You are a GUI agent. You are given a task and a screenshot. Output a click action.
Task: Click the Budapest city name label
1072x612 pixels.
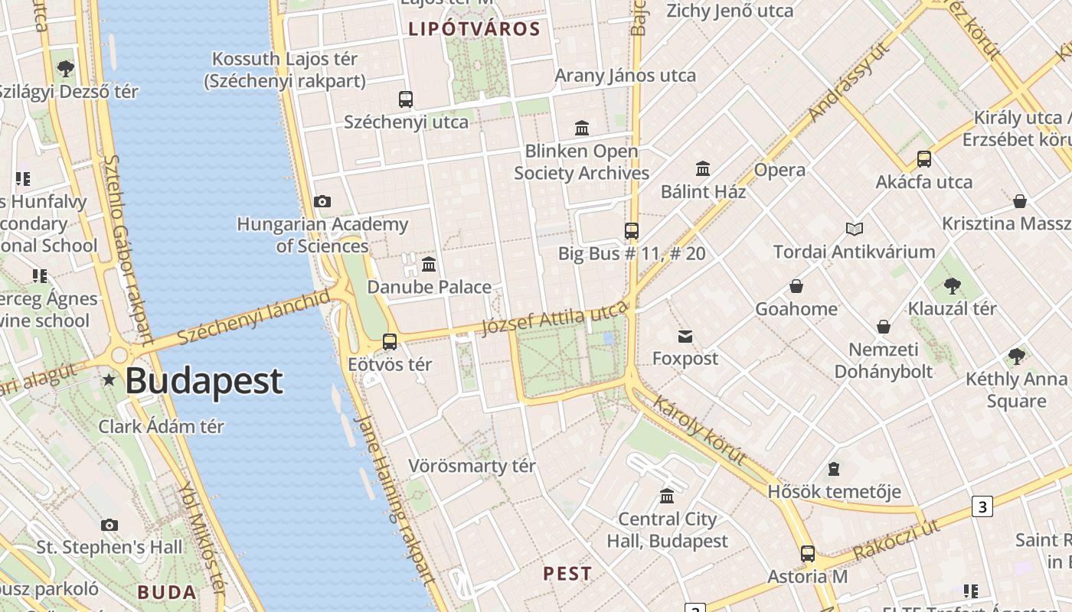pos(204,381)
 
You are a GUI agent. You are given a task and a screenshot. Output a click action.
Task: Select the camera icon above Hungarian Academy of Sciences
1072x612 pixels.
pos(322,202)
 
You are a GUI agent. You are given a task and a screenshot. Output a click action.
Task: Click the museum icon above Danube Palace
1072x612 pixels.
pos(429,265)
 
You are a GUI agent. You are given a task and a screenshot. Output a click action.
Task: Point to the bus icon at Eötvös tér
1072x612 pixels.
pos(390,341)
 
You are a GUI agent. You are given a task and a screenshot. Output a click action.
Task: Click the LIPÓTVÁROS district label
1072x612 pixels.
pos(475,30)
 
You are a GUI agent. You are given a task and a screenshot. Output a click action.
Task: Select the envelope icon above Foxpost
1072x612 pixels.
pos(685,336)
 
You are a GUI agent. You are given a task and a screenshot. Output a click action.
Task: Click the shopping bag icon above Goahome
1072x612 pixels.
pos(796,287)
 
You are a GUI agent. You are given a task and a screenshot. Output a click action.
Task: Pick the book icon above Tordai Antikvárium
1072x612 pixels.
pos(855,229)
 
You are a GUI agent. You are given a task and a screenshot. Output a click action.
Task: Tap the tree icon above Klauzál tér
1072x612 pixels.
pos(952,286)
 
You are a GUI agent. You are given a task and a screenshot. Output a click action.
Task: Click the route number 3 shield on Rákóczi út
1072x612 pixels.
pos(982,506)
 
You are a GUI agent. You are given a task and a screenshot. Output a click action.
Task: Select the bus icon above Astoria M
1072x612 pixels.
pos(807,554)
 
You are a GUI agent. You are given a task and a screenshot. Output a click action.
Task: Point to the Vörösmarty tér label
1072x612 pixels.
pos(472,466)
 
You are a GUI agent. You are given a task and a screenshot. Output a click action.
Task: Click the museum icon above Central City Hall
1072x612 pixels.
pos(667,496)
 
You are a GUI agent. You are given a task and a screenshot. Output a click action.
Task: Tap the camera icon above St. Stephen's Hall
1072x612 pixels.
pos(109,525)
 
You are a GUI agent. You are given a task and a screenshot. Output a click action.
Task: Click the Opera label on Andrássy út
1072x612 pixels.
pos(779,170)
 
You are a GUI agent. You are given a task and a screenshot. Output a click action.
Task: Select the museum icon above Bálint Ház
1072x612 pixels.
pos(702,168)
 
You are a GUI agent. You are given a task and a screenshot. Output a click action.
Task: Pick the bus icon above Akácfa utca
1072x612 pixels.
pos(924,159)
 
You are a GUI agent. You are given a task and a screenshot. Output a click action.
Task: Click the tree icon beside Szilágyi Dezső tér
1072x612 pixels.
pos(66,69)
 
